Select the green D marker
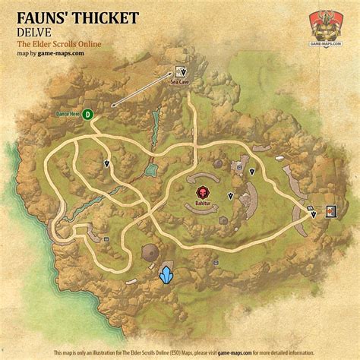pyautogui.click(x=87, y=114)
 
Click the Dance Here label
pyautogui.click(x=68, y=114)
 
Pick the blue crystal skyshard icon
pyautogui.click(x=166, y=275)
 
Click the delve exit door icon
pyautogui.click(x=331, y=212)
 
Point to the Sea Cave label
pyautogui.click(x=179, y=78)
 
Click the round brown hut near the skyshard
pyautogui.click(x=150, y=252)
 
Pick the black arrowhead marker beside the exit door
pyautogui.click(x=313, y=215)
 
